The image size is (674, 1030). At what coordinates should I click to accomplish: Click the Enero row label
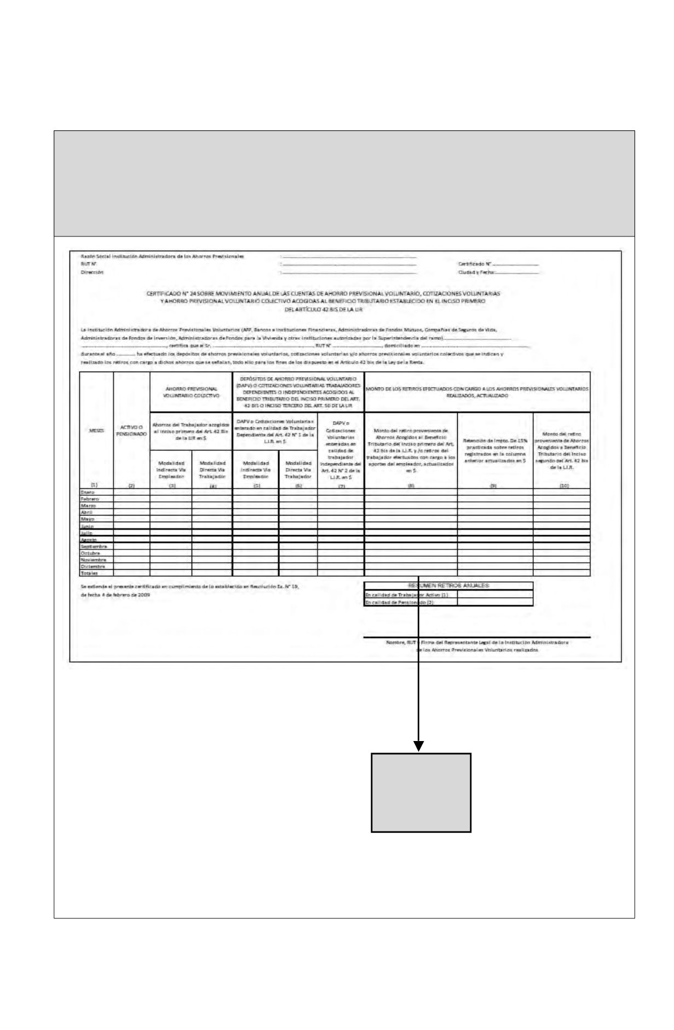pyautogui.click(x=88, y=493)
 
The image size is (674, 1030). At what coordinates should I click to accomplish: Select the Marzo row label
pyautogui.click(x=88, y=506)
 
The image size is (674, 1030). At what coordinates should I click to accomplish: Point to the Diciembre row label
pyautogui.click(x=91, y=566)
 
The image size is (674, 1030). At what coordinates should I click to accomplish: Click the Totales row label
pyautogui.click(x=89, y=573)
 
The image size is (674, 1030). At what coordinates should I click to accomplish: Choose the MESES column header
pyautogui.click(x=96, y=430)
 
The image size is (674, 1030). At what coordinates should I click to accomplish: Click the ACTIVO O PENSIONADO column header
pyautogui.click(x=131, y=430)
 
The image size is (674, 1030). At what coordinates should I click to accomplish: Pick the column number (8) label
pyautogui.click(x=411, y=485)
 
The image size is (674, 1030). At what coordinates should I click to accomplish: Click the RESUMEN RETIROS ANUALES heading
pyautogui.click(x=448, y=585)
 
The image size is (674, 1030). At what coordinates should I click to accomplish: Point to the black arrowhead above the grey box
pyautogui.click(x=419, y=746)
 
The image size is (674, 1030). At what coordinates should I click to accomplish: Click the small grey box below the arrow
pyautogui.click(x=421, y=792)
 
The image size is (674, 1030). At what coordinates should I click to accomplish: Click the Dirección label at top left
pyautogui.click(x=91, y=271)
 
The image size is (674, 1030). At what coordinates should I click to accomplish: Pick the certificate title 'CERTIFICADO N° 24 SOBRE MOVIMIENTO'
pyautogui.click(x=323, y=293)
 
